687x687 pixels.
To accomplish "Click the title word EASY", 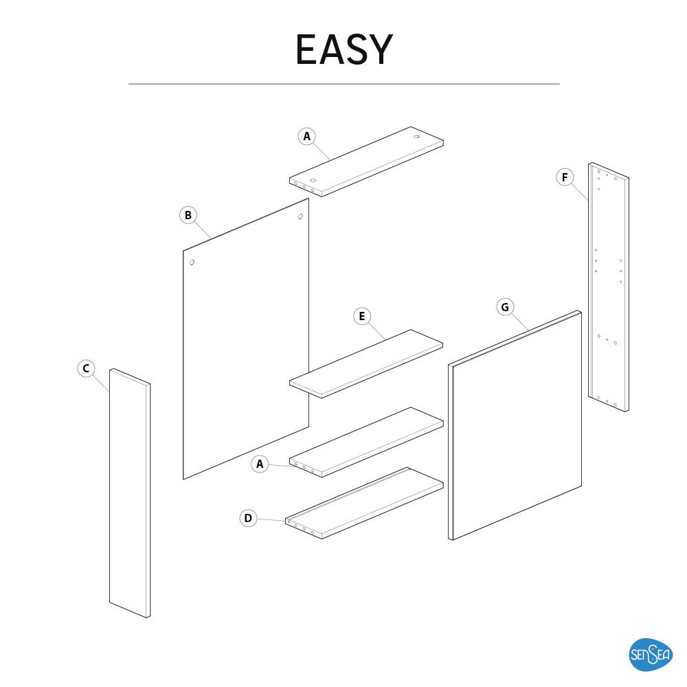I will [x=343, y=49].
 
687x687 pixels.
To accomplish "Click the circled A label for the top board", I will [x=307, y=136].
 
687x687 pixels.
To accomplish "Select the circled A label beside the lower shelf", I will [x=260, y=464].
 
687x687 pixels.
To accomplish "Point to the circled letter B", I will [x=188, y=215].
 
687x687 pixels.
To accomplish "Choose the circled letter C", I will [x=86, y=369].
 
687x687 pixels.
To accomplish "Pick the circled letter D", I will [x=248, y=518].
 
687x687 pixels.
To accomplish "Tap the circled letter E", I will [x=361, y=316].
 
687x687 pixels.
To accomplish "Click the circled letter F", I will [x=564, y=178].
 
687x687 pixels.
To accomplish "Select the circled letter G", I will [x=505, y=307].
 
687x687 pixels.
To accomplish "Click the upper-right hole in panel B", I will [x=300, y=217].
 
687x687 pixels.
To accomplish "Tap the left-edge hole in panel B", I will [x=192, y=262].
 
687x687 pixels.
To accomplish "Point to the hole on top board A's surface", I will [x=416, y=137].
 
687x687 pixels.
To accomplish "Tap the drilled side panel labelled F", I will [x=609, y=289].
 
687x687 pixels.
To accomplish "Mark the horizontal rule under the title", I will [x=343, y=84].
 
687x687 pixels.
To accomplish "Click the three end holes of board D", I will [x=304, y=530].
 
